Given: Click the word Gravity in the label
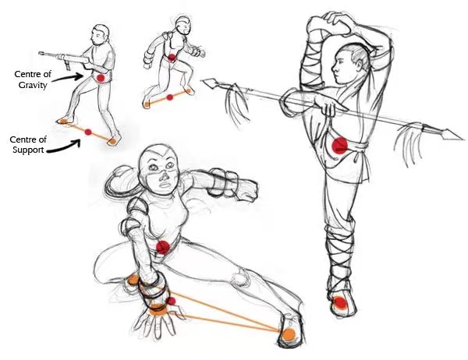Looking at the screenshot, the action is click(33, 85).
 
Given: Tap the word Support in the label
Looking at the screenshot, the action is click(28, 150).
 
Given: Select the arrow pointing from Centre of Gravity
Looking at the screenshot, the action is click(69, 77).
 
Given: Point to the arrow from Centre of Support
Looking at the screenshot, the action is click(64, 146).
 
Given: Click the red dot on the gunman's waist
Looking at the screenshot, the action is click(101, 78).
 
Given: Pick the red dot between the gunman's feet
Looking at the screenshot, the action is click(88, 132).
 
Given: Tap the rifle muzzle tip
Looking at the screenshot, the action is click(40, 54).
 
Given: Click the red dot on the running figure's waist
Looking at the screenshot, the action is click(172, 57).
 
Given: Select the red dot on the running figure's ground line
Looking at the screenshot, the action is click(170, 97).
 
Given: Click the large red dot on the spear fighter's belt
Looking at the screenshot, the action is click(339, 146).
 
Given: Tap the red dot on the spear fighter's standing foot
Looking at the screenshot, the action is click(340, 303).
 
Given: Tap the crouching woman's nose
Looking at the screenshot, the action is click(164, 177).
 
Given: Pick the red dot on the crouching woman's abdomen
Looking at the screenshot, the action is click(163, 247).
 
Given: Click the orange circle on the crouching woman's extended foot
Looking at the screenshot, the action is click(289, 334).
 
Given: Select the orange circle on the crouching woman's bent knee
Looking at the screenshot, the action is click(133, 280).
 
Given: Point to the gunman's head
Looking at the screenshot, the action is click(100, 35).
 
